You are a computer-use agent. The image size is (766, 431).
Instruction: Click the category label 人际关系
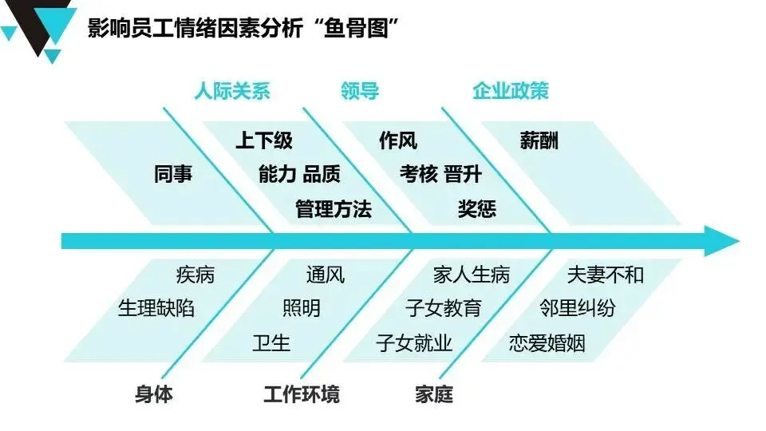(232, 91)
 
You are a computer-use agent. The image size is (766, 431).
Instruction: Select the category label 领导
(359, 91)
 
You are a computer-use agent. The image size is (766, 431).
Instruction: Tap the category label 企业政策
(511, 91)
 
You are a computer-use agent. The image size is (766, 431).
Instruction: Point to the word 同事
(173, 174)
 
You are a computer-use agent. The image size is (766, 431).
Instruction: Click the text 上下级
(264, 140)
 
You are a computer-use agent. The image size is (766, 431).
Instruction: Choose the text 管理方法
(334, 209)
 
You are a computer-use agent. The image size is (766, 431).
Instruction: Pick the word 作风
(398, 140)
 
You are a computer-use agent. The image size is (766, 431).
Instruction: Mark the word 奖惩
(477, 209)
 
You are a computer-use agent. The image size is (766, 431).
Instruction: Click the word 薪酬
(539, 140)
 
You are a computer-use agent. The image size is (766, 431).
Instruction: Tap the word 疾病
(195, 275)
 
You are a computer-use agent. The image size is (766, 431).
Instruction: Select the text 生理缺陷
(156, 308)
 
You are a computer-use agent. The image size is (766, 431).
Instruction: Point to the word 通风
(326, 275)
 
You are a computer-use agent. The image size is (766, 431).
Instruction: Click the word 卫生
(271, 343)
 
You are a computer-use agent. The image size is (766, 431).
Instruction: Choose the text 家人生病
(472, 275)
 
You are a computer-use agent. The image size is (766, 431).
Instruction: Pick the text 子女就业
(414, 343)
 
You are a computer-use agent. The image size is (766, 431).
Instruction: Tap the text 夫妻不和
(605, 275)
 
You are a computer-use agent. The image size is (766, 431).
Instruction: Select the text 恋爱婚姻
(547, 343)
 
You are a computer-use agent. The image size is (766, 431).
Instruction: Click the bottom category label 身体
(154, 393)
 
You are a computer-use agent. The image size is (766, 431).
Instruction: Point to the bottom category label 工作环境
(302, 393)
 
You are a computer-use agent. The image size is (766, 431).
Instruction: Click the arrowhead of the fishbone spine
(721, 241)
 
